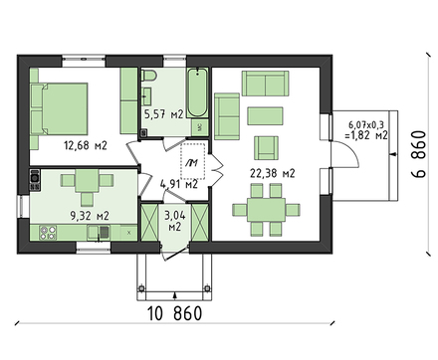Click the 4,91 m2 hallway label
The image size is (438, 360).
[178, 183]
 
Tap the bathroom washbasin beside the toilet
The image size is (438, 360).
[148, 95]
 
